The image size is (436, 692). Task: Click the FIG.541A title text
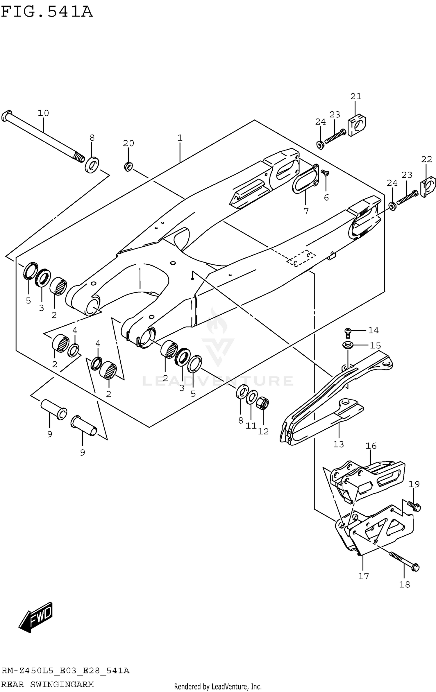click(47, 12)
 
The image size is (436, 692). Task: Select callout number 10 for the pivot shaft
click(43, 113)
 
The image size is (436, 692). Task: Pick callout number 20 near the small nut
click(128, 143)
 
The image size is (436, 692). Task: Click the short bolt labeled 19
click(414, 506)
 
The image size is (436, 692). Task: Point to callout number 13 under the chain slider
click(338, 444)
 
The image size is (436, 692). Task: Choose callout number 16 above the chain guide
click(371, 446)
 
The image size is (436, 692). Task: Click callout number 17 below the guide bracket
click(363, 576)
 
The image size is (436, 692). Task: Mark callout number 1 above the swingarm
click(180, 138)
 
